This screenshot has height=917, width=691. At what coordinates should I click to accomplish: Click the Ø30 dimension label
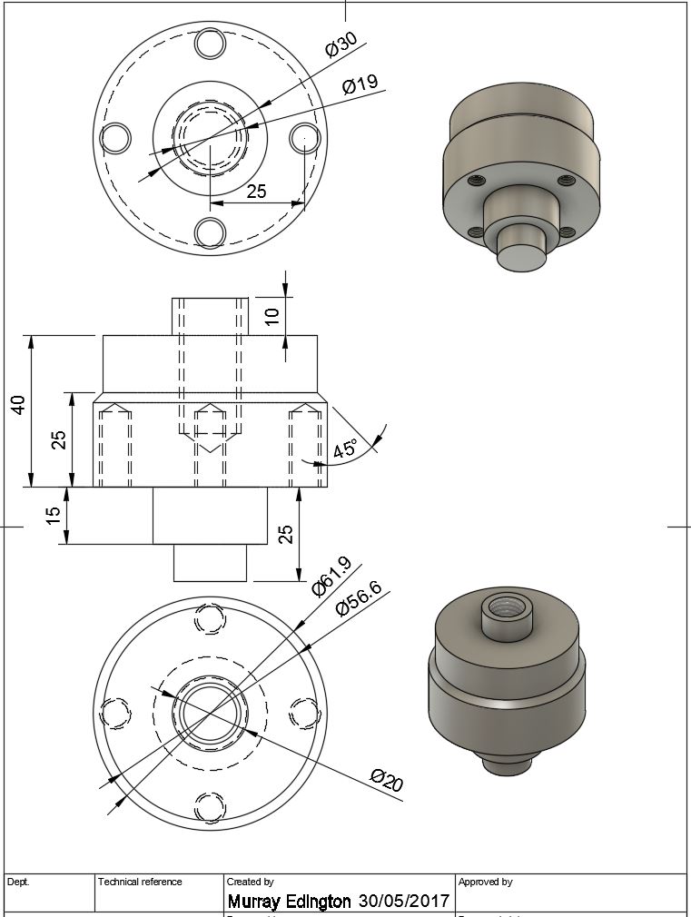pyautogui.click(x=341, y=45)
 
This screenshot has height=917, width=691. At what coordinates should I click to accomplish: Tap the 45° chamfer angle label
pyautogui.click(x=345, y=449)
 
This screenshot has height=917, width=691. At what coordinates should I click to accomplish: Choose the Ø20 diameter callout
pyautogui.click(x=386, y=779)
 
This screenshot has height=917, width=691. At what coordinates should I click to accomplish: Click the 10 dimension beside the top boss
pyautogui.click(x=272, y=317)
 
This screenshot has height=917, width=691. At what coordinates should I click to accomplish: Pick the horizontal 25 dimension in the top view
pyautogui.click(x=256, y=192)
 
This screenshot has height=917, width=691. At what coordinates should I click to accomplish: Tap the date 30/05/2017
pyautogui.click(x=404, y=902)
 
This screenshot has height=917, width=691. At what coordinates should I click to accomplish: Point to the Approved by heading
pyautogui.click(x=485, y=882)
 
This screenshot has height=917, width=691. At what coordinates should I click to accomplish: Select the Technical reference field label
pyautogui.click(x=140, y=882)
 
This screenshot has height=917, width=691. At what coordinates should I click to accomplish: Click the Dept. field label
pyautogui.click(x=18, y=882)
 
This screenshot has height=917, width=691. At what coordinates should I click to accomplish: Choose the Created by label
pyautogui.click(x=250, y=882)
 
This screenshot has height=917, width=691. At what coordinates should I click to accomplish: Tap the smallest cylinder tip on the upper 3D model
pyautogui.click(x=522, y=251)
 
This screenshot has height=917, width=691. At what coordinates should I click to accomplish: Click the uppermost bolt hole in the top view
pyautogui.click(x=210, y=43)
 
